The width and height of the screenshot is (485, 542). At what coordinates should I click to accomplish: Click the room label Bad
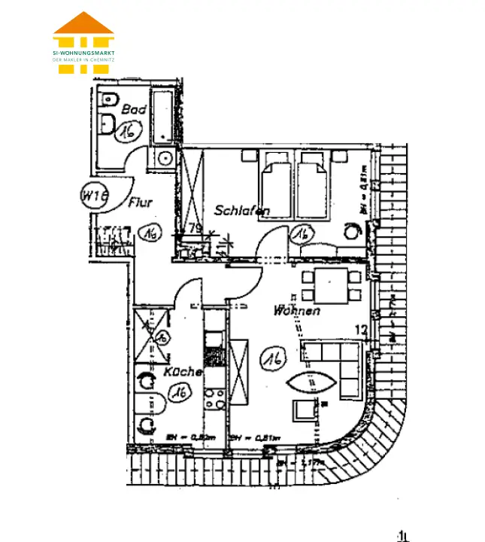(x=134, y=110)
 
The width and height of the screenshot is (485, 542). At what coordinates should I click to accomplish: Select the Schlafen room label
(x=241, y=211)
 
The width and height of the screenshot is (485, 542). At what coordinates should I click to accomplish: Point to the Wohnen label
(x=297, y=310)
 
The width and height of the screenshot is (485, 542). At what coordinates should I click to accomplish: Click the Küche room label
(x=183, y=372)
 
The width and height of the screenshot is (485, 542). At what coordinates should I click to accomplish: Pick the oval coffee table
(x=313, y=383)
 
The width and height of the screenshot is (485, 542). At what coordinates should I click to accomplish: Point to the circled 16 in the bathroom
(x=126, y=131)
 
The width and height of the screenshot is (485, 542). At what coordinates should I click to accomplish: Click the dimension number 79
(x=194, y=228)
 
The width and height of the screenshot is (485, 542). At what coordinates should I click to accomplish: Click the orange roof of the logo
(x=83, y=23)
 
